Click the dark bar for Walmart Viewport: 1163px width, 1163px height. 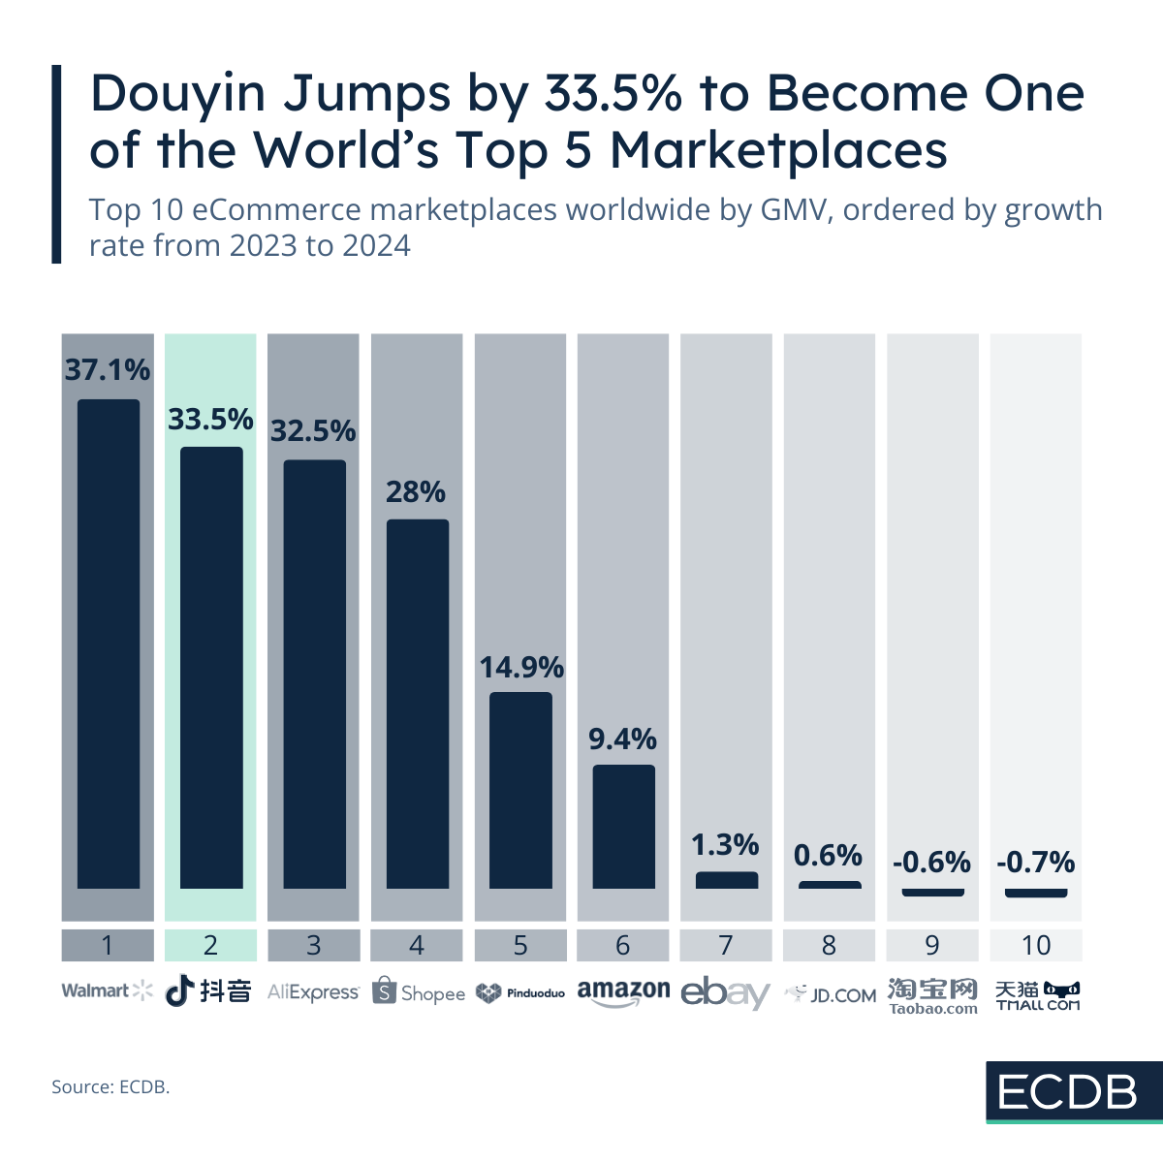tap(109, 644)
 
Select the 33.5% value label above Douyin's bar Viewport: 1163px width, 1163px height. tap(210, 420)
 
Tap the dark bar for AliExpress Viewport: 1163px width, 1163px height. tap(314, 674)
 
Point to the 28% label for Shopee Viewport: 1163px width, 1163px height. tap(416, 492)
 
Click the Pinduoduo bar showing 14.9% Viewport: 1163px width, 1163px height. tap(520, 790)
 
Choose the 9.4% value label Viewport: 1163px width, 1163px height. tap(623, 739)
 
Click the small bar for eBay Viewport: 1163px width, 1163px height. tap(727, 880)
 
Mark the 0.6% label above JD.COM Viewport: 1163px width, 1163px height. tap(829, 855)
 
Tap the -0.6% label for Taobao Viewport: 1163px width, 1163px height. tap(931, 862)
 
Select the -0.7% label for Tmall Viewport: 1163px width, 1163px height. tap(1036, 862)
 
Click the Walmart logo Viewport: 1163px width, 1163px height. tap(108, 990)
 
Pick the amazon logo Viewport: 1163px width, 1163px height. tap(623, 992)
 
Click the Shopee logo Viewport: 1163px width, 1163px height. tap(418, 992)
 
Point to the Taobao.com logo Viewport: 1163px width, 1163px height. tap(932, 995)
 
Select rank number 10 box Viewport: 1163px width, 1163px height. tap(1036, 945)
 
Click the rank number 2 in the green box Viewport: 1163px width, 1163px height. tap(210, 945)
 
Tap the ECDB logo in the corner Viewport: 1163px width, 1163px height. tap(1067, 1092)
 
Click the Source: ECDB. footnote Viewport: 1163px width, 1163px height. tap(110, 1087)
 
